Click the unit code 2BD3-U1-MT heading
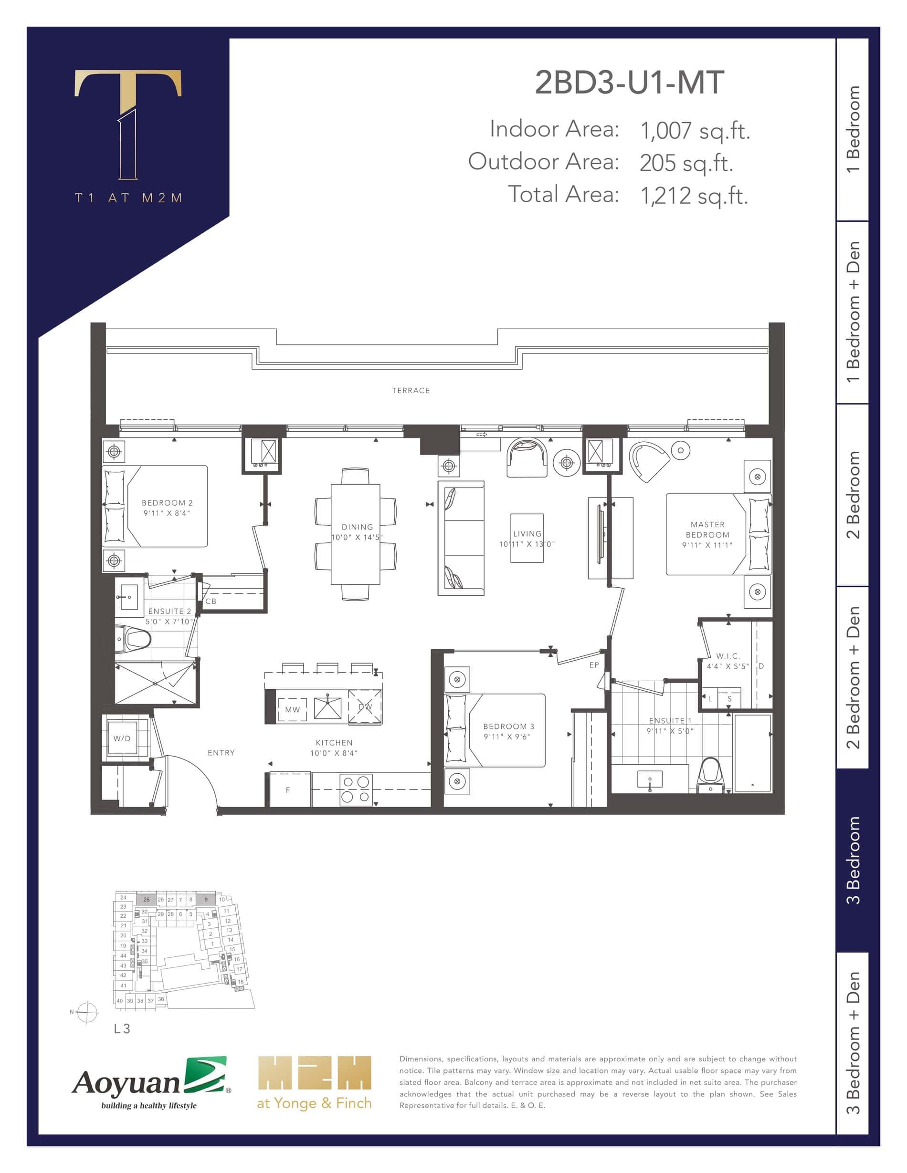tap(629, 83)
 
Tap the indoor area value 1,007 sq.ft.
tap(695, 131)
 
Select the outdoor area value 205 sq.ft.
tap(686, 163)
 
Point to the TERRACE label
tap(411, 391)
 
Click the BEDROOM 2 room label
tap(167, 503)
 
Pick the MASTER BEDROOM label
tap(707, 529)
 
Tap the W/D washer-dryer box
tap(122, 738)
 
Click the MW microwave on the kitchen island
tap(292, 709)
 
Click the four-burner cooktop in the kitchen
tap(356, 789)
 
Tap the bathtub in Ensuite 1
tap(753, 752)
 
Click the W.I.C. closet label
tap(728, 656)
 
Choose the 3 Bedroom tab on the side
tap(853, 860)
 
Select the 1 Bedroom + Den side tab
tap(853, 312)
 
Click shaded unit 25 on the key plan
tap(146, 899)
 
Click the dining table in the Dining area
tap(355, 534)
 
